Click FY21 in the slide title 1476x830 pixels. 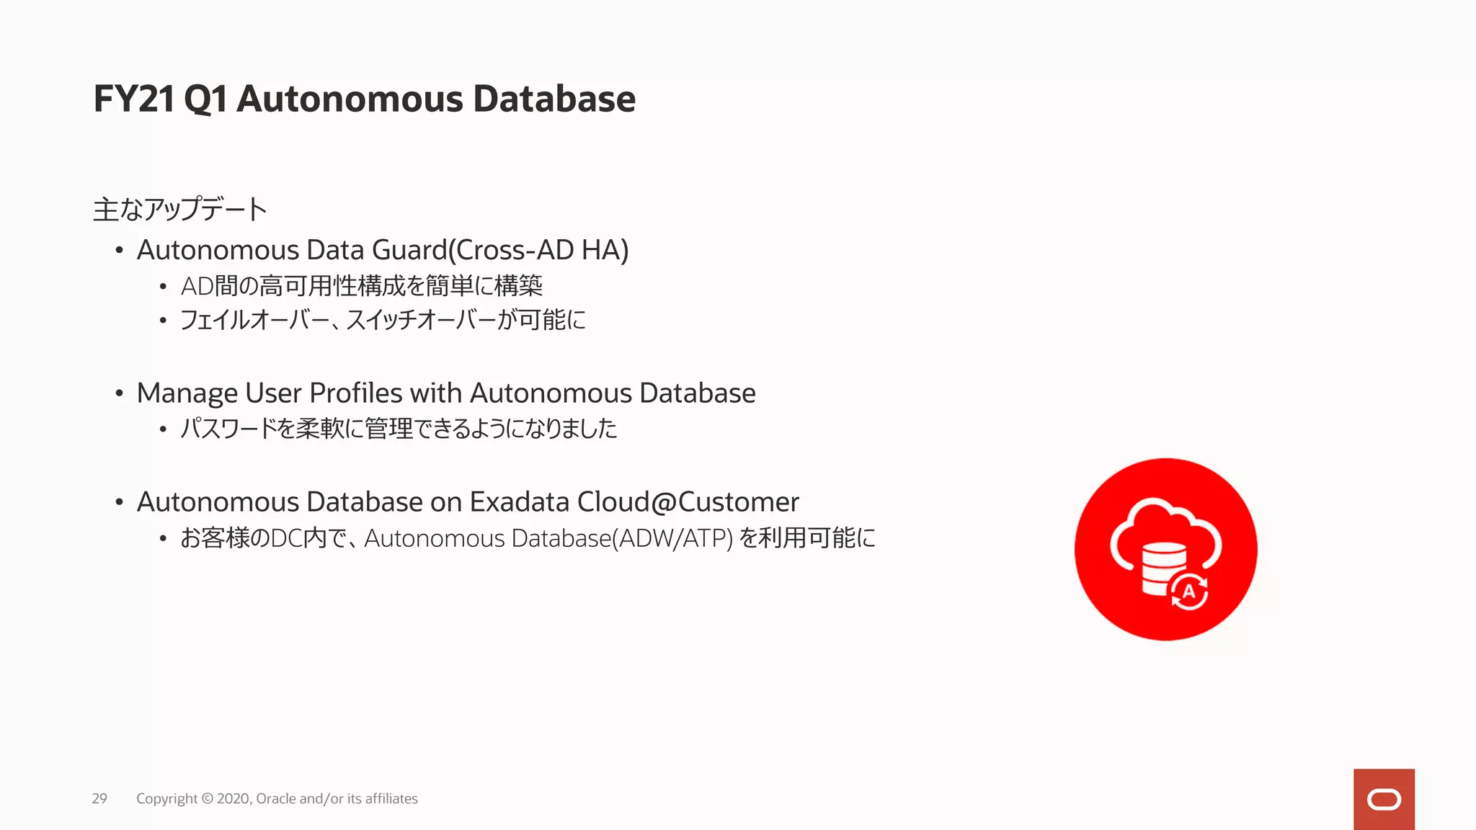[134, 99]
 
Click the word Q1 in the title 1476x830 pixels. [205, 99]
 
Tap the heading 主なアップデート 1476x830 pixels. [180, 210]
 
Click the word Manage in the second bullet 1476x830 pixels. [187, 393]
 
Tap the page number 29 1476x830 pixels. [99, 798]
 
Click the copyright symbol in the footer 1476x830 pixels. [207, 798]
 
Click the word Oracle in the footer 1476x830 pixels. [275, 798]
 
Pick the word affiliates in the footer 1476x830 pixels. [391, 798]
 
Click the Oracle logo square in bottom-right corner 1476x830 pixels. [1384, 799]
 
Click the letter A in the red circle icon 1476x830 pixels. [1188, 592]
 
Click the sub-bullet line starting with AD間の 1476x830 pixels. [361, 286]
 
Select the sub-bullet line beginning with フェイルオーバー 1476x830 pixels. [383, 319]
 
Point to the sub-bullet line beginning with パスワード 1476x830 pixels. [399, 429]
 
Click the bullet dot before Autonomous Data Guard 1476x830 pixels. [120, 251]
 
